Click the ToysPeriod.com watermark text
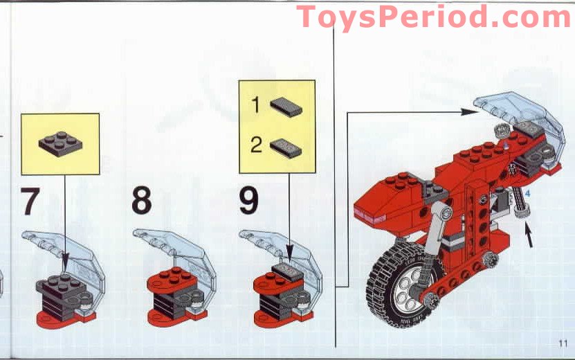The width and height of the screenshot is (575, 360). pyautogui.click(x=434, y=17)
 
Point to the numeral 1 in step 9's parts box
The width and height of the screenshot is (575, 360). pyautogui.click(x=255, y=106)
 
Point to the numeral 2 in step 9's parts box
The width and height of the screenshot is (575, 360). pyautogui.click(x=255, y=146)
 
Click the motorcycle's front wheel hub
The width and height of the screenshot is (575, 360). pyautogui.click(x=403, y=291)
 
